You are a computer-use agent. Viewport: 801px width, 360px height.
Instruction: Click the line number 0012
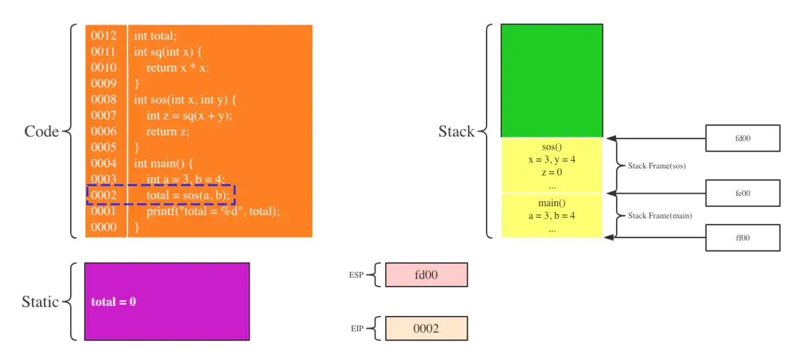(103, 35)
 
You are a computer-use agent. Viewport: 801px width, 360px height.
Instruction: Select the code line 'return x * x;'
(178, 67)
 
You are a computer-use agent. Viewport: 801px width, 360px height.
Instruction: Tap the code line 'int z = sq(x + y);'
(190, 116)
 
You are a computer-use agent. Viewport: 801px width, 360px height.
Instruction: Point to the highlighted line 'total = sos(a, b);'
(188, 195)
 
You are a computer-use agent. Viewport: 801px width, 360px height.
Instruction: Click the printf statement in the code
(213, 211)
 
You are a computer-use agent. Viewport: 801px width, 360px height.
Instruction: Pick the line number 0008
(103, 99)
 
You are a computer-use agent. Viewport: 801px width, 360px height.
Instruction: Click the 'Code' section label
(41, 132)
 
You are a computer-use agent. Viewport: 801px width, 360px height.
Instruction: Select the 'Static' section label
(40, 302)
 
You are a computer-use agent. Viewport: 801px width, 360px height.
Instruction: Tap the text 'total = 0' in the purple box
(113, 302)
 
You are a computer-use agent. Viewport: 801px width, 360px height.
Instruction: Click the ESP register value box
(427, 275)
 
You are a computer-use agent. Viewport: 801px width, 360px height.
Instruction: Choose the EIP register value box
(427, 328)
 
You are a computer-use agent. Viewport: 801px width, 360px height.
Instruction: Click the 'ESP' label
(356, 275)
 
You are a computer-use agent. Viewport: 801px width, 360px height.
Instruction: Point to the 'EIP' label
(357, 328)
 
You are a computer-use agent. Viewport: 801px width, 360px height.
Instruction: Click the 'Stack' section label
(457, 132)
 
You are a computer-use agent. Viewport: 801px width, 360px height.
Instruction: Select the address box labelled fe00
(743, 193)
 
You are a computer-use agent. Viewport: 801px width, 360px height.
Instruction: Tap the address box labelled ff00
(743, 238)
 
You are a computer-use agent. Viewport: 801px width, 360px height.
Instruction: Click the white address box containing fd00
(743, 138)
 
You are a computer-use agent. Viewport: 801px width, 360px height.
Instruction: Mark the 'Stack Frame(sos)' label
(657, 166)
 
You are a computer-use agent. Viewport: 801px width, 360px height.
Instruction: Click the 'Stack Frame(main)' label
(659, 216)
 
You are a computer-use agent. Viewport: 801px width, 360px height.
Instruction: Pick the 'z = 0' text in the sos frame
(552, 172)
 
